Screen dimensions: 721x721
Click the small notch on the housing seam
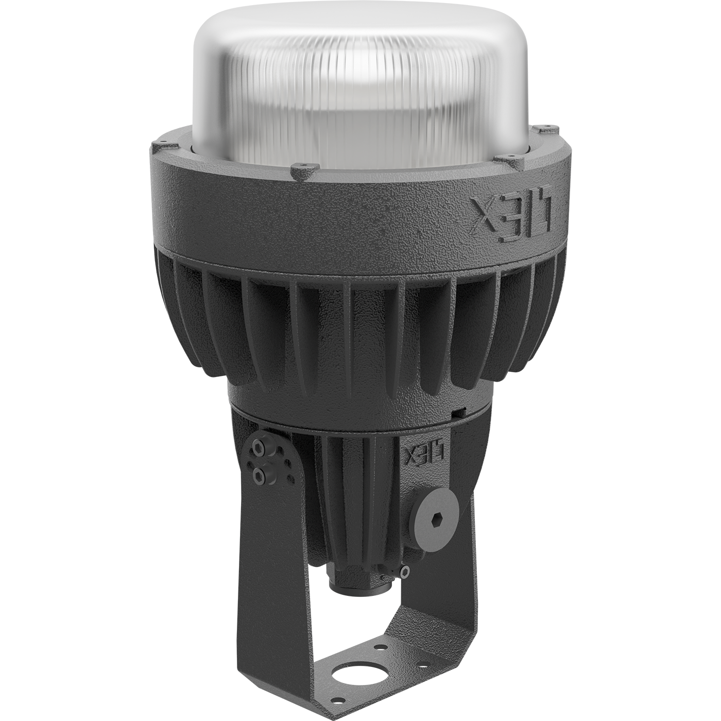click(457, 411)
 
